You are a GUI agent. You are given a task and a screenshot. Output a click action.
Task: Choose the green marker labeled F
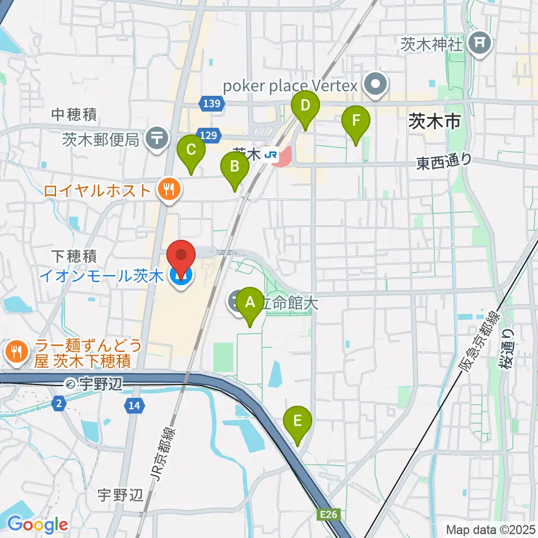click(x=356, y=121)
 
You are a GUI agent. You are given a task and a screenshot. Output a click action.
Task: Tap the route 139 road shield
click(x=212, y=103)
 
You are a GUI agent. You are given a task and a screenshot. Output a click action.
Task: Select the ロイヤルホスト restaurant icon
click(x=168, y=191)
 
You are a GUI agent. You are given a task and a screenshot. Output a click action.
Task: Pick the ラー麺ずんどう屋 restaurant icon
click(x=15, y=352)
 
